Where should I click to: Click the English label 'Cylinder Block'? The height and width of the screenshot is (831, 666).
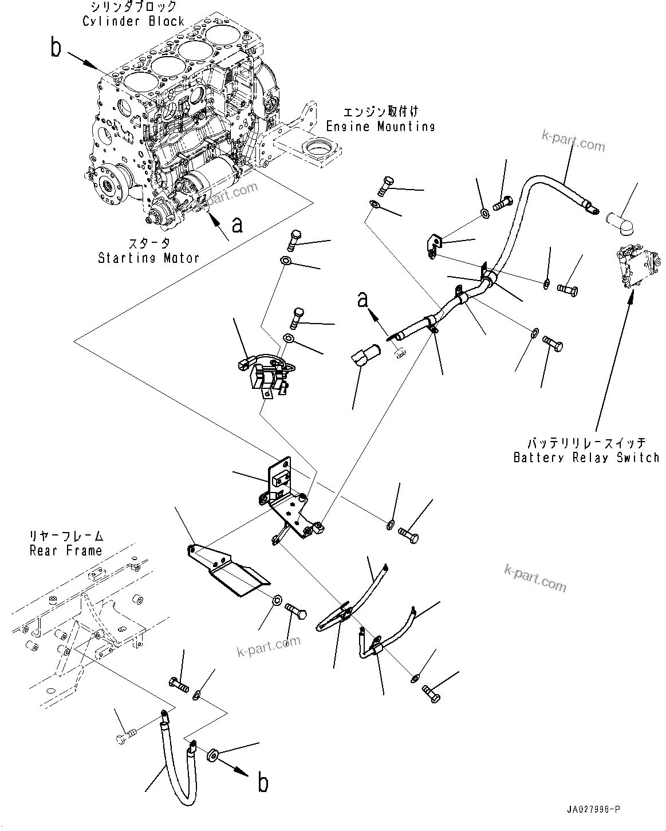pos(133,21)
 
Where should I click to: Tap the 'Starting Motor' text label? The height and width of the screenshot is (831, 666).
pos(148,258)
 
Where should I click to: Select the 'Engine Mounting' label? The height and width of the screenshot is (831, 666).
pos(380,127)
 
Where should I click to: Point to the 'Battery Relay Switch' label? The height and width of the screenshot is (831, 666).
pos(586,458)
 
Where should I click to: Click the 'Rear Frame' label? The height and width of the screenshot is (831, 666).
pos(65,551)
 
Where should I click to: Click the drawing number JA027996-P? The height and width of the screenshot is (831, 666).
pos(590,809)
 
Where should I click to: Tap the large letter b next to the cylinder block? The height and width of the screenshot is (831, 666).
pos(56,49)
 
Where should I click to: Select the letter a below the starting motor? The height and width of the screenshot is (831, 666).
pos(237,225)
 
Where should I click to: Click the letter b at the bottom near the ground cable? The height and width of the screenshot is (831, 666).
pos(263,783)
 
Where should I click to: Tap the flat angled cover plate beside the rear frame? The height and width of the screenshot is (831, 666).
pos(229,574)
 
